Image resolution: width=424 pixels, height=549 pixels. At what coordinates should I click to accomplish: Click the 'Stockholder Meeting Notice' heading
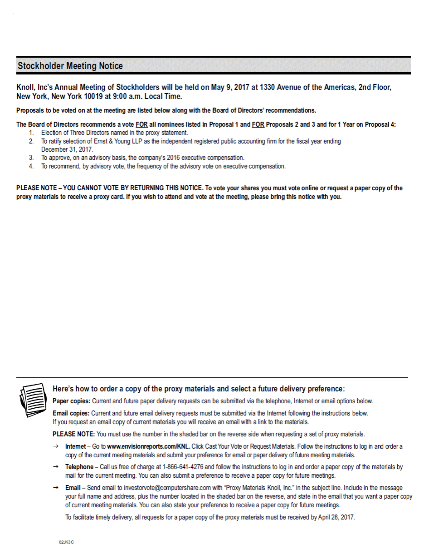70,66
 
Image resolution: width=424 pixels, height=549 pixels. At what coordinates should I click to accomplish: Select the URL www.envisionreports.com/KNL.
148,446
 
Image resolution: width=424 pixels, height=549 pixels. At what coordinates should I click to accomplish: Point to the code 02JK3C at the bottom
66,542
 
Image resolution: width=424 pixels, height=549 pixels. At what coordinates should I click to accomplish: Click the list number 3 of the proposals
31,158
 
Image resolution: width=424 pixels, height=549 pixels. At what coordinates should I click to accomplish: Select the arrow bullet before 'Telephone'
55,467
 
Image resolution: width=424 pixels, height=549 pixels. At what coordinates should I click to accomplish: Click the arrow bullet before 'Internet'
55,446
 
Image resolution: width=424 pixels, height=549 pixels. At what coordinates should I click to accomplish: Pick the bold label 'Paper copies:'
71,401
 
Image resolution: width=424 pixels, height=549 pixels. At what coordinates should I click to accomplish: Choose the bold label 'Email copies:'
71,413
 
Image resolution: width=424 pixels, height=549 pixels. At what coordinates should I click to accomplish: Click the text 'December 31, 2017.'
67,149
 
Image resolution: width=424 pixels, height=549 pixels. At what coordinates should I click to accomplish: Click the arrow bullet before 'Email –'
55,488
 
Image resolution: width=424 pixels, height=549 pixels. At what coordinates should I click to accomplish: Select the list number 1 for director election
31,133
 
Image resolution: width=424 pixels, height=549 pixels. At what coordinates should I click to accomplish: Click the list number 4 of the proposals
31,166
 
